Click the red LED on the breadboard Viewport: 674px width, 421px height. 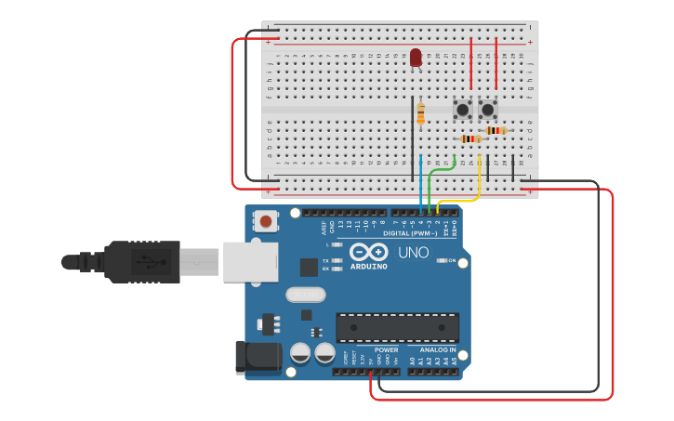(416, 58)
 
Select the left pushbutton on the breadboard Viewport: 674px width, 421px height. (462, 111)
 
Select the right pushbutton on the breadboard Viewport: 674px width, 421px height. (488, 111)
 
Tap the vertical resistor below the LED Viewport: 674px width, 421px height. (421, 113)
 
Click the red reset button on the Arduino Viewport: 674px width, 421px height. (267, 221)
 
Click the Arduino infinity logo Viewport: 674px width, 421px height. (368, 251)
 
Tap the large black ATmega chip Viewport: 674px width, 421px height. (397, 327)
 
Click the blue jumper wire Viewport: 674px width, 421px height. (421, 181)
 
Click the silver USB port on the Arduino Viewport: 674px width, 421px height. (245, 260)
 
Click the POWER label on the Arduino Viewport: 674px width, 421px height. (386, 350)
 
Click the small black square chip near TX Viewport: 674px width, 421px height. (308, 267)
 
